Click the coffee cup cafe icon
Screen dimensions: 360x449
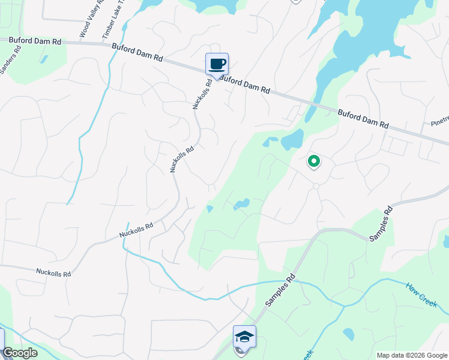tap(217, 64)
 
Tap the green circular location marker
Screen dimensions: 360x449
tap(313, 161)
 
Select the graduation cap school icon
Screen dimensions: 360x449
tap(244, 337)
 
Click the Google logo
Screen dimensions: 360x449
tap(20, 353)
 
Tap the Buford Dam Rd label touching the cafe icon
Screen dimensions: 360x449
tap(245, 84)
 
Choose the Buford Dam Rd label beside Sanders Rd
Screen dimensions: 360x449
tap(35, 41)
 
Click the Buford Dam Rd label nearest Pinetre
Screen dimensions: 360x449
tap(363, 119)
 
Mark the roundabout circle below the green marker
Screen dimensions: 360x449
tap(316, 187)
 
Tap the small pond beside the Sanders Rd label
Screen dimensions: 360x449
tap(43, 59)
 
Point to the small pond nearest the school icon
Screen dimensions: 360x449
tap(348, 334)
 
